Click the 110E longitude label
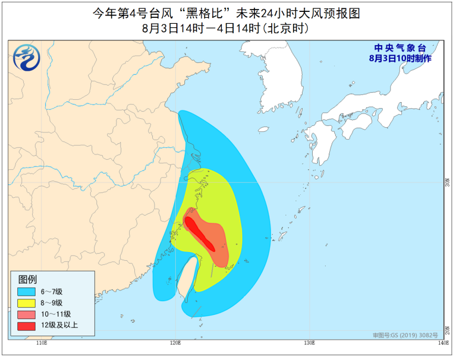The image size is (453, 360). (x=41, y=343)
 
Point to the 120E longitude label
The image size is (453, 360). (x=175, y=343)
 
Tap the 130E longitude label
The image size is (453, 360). (x=309, y=343)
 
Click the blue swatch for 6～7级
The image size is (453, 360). (x=26, y=292)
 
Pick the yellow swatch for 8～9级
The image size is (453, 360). (x=26, y=303)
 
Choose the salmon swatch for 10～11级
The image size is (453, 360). (x=26, y=314)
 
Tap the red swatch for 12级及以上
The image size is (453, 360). (x=26, y=325)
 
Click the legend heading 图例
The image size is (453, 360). (x=27, y=279)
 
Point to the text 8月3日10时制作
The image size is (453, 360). (x=399, y=58)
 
